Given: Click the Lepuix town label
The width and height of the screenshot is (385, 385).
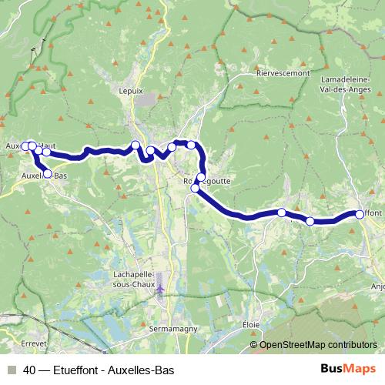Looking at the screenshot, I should point(132,90).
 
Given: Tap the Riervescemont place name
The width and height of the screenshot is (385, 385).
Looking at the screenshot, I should point(283,73).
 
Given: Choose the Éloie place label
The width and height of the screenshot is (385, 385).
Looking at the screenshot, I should point(251,324).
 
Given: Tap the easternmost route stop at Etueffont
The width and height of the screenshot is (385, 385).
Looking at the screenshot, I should point(360,214).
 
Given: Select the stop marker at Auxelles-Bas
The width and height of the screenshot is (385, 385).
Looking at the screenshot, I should point(48,174).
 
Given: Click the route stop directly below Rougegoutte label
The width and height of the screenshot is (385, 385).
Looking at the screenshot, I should point(195,188).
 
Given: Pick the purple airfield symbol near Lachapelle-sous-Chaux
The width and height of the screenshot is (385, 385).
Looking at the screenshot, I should point(160,289).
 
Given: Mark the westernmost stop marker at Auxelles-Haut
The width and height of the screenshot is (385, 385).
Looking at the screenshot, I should point(25,146).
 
